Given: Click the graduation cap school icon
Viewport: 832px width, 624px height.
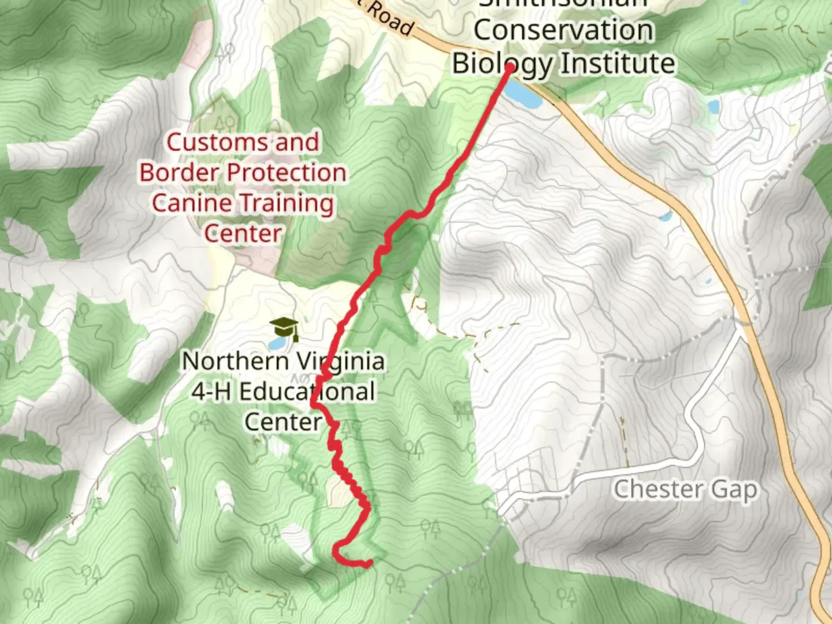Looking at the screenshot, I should [284, 328].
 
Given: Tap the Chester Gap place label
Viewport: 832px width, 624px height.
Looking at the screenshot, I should [685, 490].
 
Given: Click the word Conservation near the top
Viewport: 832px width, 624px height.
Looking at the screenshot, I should [563, 31].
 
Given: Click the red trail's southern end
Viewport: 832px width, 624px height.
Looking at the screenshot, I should [367, 562].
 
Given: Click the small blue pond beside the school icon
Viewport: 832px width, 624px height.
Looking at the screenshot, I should [277, 343].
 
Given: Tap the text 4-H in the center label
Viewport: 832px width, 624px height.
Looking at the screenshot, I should [211, 392].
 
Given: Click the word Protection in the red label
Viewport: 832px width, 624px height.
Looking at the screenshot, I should [286, 173].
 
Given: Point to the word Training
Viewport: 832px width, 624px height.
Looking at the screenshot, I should [287, 203].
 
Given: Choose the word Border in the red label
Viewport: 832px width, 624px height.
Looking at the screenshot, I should [179, 173].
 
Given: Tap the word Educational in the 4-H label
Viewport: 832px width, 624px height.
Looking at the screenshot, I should [307, 392].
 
